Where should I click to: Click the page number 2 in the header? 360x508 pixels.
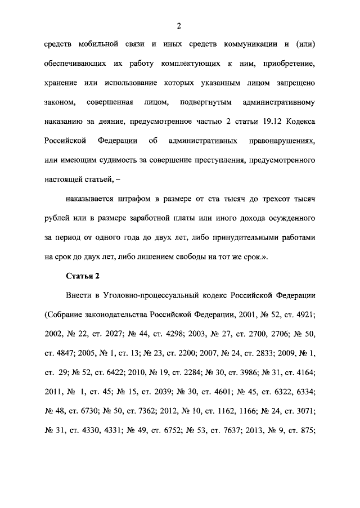178,26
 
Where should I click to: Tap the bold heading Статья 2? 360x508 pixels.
83,276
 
